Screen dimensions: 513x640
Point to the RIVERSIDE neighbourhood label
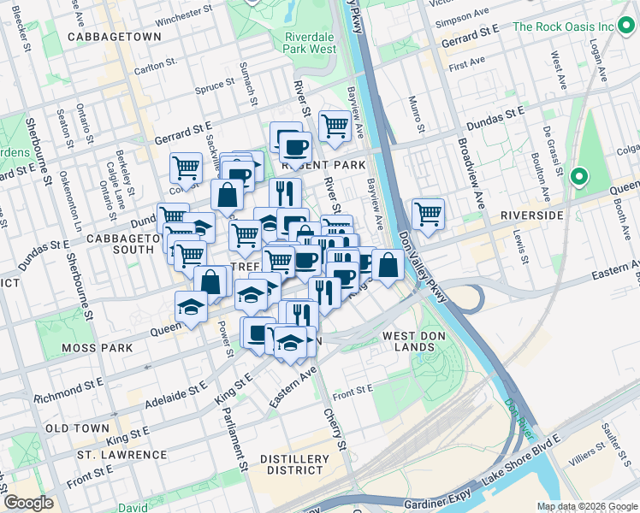[x=531, y=215]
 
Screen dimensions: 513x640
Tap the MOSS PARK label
[x=97, y=348]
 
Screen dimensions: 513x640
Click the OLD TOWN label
[x=77, y=427]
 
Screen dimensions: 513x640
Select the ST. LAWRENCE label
[x=121, y=454]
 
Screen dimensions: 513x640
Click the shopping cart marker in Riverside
[x=427, y=213]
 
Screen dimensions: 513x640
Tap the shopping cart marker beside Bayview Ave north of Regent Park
[x=335, y=126]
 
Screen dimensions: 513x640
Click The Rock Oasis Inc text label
[x=563, y=27]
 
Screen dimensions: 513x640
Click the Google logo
[x=28, y=503]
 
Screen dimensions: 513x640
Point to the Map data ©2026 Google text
[x=586, y=506]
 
